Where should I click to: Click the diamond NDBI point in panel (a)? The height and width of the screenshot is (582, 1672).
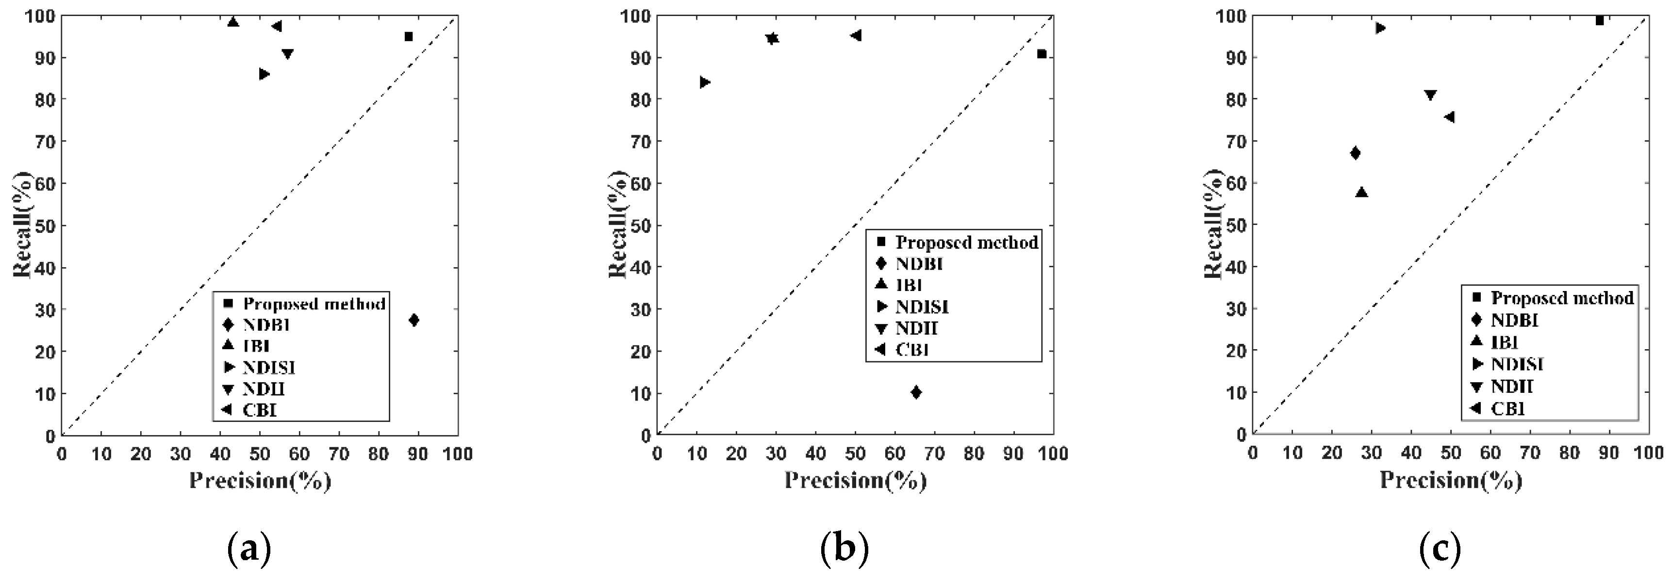414,320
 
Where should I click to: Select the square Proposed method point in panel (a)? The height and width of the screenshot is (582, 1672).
408,37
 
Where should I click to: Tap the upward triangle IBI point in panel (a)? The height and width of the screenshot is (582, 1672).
233,22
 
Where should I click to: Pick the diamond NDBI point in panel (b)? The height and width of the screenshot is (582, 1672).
916,392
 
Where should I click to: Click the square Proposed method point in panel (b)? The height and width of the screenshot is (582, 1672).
1042,54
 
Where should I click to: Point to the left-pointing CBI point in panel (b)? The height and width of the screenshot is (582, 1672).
856,35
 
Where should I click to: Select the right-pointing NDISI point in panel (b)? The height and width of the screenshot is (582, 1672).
705,82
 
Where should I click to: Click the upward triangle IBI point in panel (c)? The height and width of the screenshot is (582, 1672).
1362,193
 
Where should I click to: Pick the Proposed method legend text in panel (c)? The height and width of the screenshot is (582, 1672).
1562,298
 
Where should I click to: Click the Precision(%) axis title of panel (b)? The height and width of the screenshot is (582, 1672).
855,481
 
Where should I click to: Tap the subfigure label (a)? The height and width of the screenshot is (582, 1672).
248,549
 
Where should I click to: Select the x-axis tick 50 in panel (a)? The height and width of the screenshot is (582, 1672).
260,453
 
